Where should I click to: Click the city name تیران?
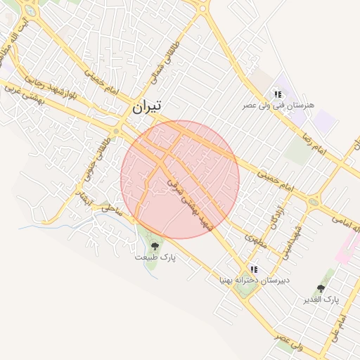click(x=146, y=106)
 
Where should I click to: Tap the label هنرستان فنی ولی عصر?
click(x=279, y=105)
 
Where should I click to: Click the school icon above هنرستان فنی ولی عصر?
click(x=278, y=94)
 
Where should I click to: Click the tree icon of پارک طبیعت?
click(x=155, y=245)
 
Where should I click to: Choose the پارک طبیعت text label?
click(x=155, y=257)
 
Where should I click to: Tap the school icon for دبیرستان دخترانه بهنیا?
click(x=253, y=269)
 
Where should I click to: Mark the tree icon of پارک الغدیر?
click(x=321, y=288)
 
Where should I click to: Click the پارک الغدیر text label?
click(x=321, y=300)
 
